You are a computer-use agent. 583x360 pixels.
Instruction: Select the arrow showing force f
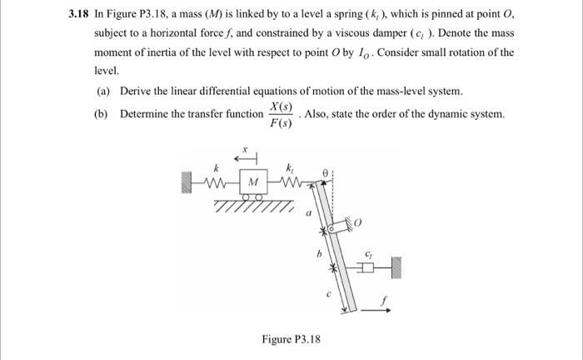[x=373, y=310]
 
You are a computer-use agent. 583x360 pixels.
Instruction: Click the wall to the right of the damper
[x=399, y=267]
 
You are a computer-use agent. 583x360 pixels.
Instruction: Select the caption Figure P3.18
[x=291, y=339]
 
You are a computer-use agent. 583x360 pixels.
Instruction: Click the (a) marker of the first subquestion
[x=103, y=91]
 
